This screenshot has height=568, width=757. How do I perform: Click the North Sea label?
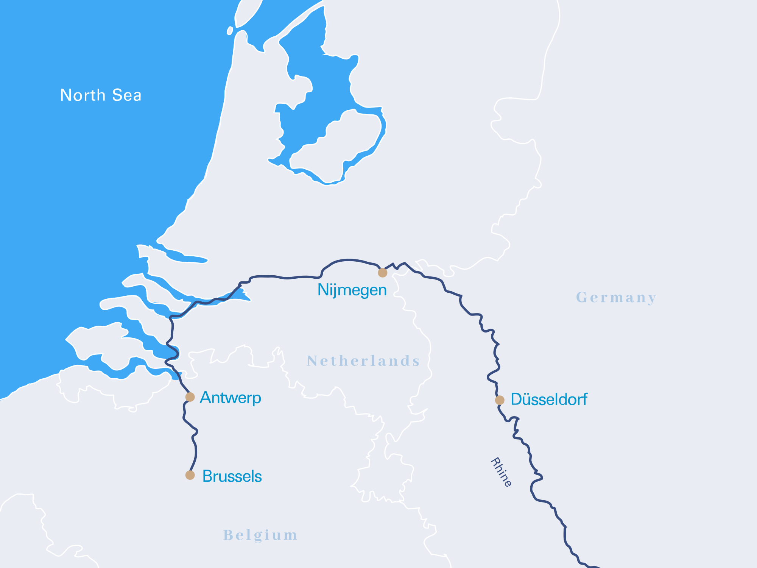[101, 95]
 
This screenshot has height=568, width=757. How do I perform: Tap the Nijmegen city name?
[352, 290]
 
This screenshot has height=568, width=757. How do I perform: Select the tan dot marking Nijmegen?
[383, 273]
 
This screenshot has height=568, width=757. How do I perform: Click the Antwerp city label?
[231, 398]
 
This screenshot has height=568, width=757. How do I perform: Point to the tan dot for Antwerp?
[190, 397]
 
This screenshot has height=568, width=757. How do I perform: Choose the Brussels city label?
[232, 476]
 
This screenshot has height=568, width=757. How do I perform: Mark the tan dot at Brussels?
[190, 475]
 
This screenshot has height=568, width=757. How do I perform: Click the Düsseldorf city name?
[549, 399]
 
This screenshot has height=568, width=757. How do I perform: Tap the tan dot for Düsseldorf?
[500, 400]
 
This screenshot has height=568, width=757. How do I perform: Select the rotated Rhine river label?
[501, 472]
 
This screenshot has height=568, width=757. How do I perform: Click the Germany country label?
[616, 298]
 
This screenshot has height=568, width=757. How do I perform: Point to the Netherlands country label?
[363, 361]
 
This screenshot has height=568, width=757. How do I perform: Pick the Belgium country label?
[260, 535]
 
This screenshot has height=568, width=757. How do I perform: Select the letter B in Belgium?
[227, 535]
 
